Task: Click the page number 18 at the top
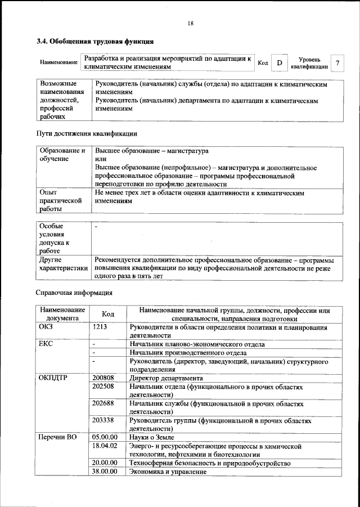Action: (x=190, y=23)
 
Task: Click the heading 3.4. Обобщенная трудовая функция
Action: (x=95, y=42)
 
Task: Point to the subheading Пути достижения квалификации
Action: (x=86, y=134)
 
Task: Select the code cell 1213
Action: (x=100, y=327)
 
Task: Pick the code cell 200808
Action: (x=103, y=378)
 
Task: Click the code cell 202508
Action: (x=103, y=387)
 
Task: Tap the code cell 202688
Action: (x=103, y=404)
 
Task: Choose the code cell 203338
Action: (x=103, y=420)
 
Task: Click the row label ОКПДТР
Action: (x=53, y=378)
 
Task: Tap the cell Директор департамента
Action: (x=161, y=378)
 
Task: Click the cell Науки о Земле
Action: (x=152, y=437)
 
